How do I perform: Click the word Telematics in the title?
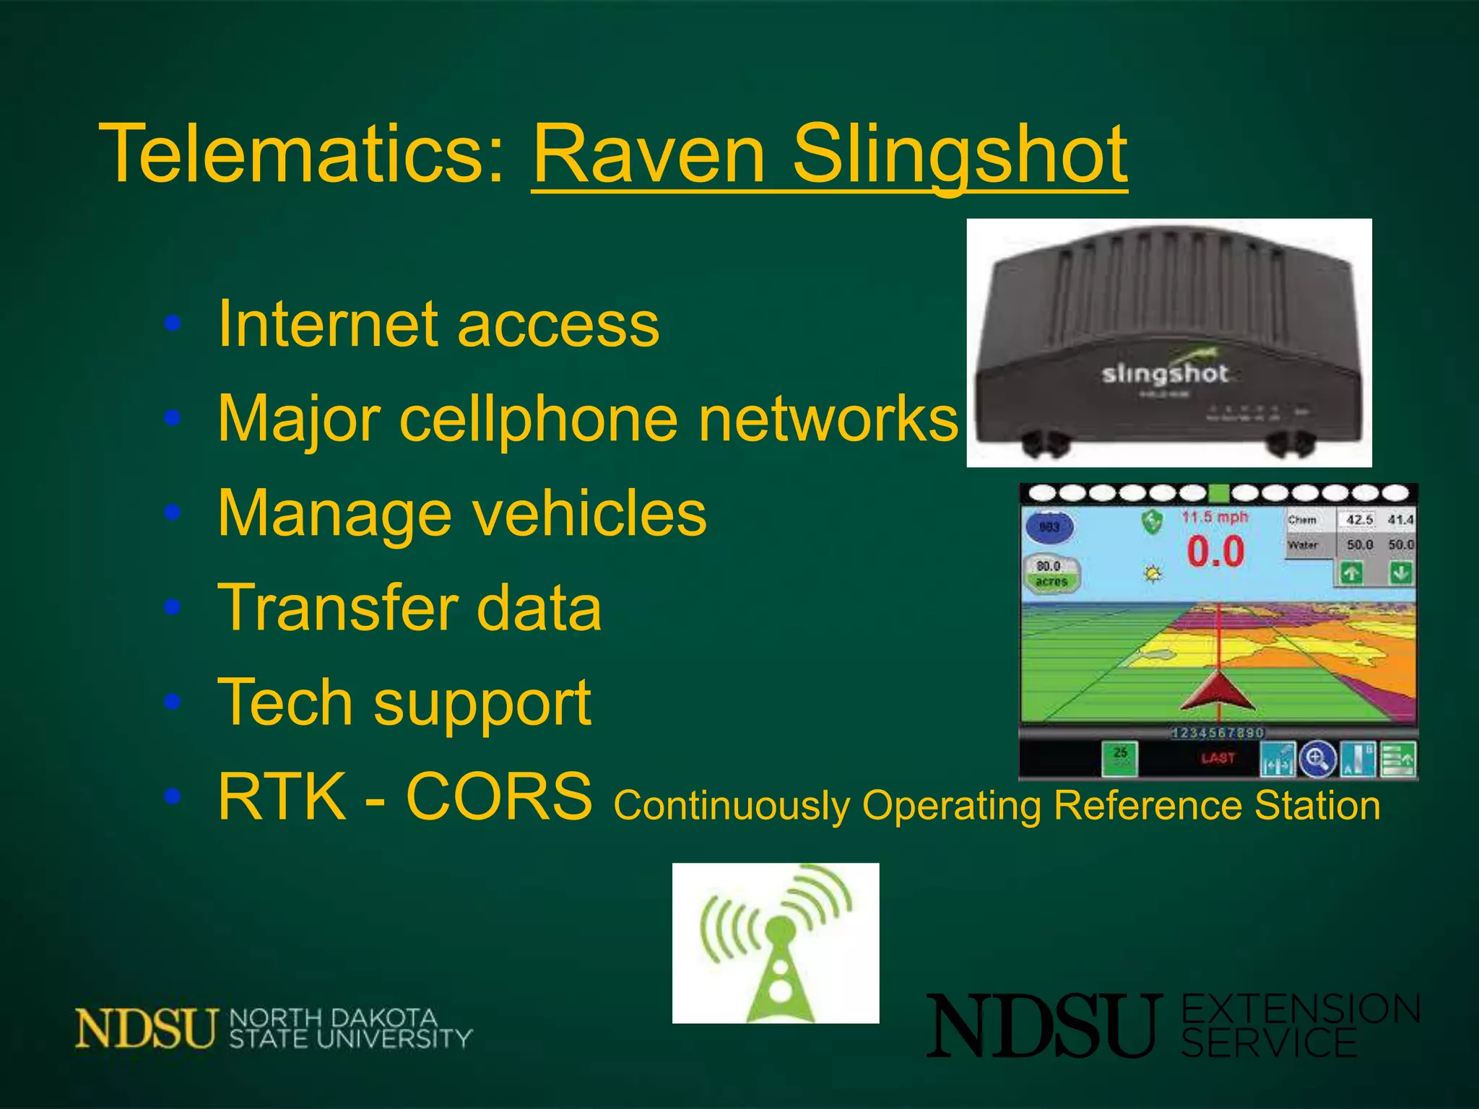(302, 153)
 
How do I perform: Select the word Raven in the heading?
(649, 153)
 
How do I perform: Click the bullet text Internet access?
(438, 324)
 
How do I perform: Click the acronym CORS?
(498, 796)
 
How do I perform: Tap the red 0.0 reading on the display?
(1215, 552)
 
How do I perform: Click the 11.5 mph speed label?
(1215, 517)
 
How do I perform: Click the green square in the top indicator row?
(1219, 494)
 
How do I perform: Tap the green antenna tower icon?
(776, 943)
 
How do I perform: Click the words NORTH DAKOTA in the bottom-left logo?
(334, 1018)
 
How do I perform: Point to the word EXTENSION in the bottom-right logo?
(1301, 1009)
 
